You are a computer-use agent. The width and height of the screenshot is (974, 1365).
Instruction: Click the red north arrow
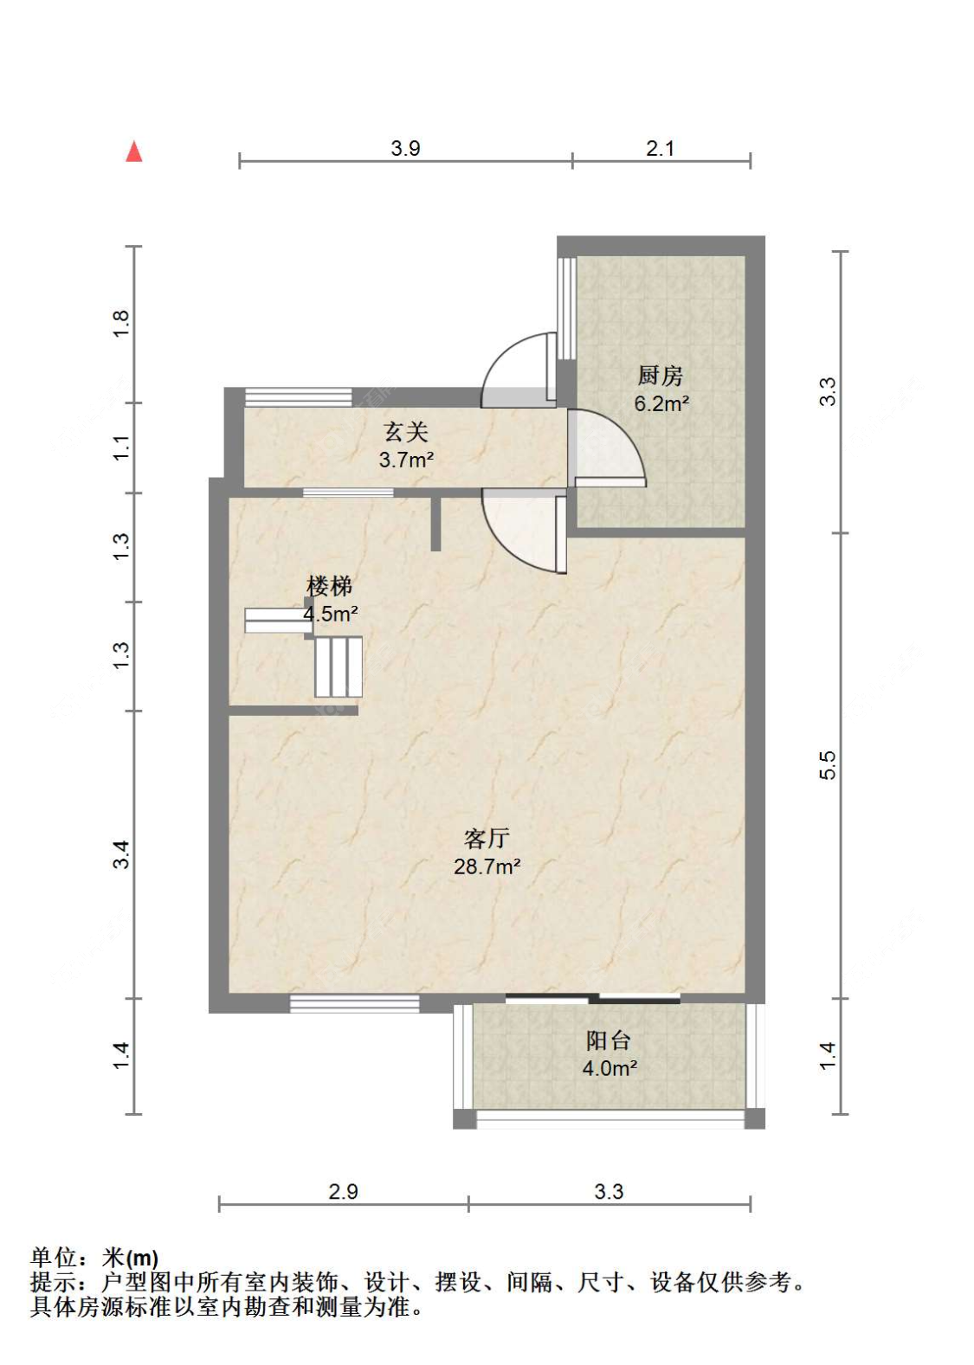coord(133,151)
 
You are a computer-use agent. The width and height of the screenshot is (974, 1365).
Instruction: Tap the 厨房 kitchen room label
coord(660,376)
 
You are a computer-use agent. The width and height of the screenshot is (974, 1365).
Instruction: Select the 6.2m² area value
coord(661,403)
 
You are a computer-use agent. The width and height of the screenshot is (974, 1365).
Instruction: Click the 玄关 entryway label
coord(406,432)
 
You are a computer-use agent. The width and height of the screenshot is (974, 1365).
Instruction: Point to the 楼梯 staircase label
coord(329,586)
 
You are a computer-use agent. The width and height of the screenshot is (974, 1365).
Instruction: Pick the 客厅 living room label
coord(487,839)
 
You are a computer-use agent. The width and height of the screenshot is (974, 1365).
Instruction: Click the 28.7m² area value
coord(487,866)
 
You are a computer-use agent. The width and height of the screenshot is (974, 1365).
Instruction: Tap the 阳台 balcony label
coord(609,1040)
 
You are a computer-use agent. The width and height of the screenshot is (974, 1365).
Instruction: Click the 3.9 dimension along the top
coord(405,148)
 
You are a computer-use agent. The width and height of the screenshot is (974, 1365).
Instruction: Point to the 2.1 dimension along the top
coord(660,148)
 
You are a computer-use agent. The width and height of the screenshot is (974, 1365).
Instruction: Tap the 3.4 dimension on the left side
coord(122,854)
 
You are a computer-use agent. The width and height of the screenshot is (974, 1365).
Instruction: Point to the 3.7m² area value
coord(407,460)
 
